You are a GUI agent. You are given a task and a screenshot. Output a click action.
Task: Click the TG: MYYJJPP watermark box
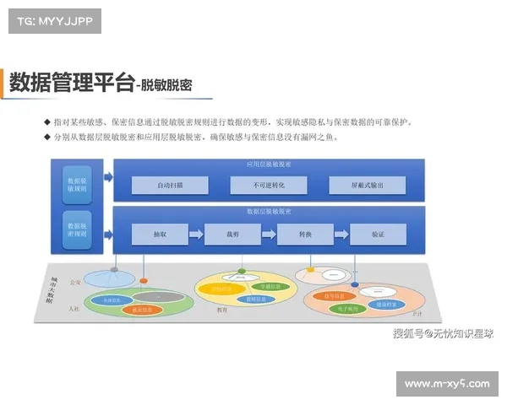coord(54,21)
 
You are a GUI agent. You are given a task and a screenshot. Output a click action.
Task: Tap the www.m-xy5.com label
coord(447,384)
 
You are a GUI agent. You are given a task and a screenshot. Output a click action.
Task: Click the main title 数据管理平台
coord(71,83)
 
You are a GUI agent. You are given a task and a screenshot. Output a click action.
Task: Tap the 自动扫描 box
coord(170,185)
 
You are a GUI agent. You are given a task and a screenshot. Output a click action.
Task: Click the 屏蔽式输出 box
coord(367,185)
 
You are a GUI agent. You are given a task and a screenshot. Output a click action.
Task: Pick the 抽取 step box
coord(159,234)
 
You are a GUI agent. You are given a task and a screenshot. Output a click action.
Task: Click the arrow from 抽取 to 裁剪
coord(195,234)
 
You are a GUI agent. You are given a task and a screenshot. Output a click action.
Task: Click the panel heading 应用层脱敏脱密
coord(268,164)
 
